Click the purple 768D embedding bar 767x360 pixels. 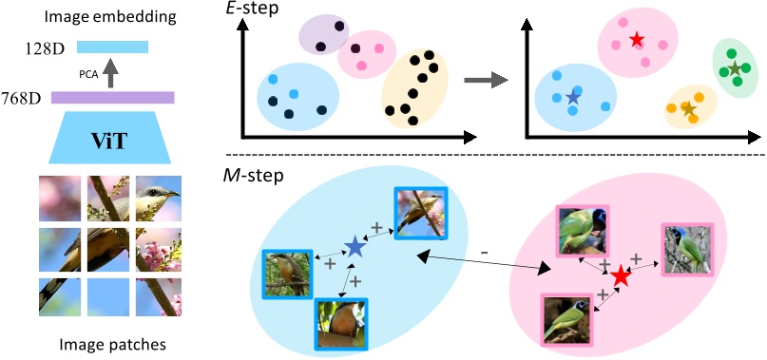113,97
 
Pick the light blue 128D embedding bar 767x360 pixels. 113,46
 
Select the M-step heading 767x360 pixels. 252,176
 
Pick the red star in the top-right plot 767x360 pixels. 636,41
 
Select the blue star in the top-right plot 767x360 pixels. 572,97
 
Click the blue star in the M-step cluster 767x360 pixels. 355,248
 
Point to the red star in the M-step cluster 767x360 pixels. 621,276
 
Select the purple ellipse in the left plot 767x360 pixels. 323,36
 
